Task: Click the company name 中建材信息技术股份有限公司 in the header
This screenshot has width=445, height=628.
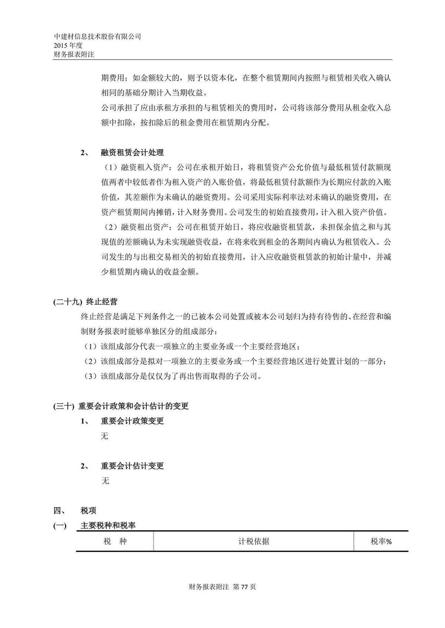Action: (98, 37)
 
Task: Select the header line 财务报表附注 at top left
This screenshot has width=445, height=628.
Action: (74, 54)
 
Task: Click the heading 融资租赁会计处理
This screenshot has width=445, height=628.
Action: (132, 153)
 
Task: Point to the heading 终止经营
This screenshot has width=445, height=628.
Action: (102, 302)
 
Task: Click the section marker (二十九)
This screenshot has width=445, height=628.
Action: (67, 302)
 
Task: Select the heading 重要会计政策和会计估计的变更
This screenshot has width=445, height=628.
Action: (133, 406)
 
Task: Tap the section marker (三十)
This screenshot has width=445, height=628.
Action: (64, 406)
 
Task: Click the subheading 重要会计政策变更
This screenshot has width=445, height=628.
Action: (132, 421)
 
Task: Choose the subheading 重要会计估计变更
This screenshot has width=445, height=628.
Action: (132, 466)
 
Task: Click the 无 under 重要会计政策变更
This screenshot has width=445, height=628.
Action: (105, 436)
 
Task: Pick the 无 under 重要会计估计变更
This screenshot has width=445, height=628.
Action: (105, 481)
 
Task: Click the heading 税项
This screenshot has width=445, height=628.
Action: (88, 511)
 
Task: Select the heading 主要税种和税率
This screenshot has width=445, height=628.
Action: (108, 526)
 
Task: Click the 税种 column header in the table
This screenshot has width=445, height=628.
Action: (115, 542)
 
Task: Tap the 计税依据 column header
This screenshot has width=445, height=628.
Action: (254, 542)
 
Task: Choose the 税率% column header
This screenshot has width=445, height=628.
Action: (381, 542)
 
